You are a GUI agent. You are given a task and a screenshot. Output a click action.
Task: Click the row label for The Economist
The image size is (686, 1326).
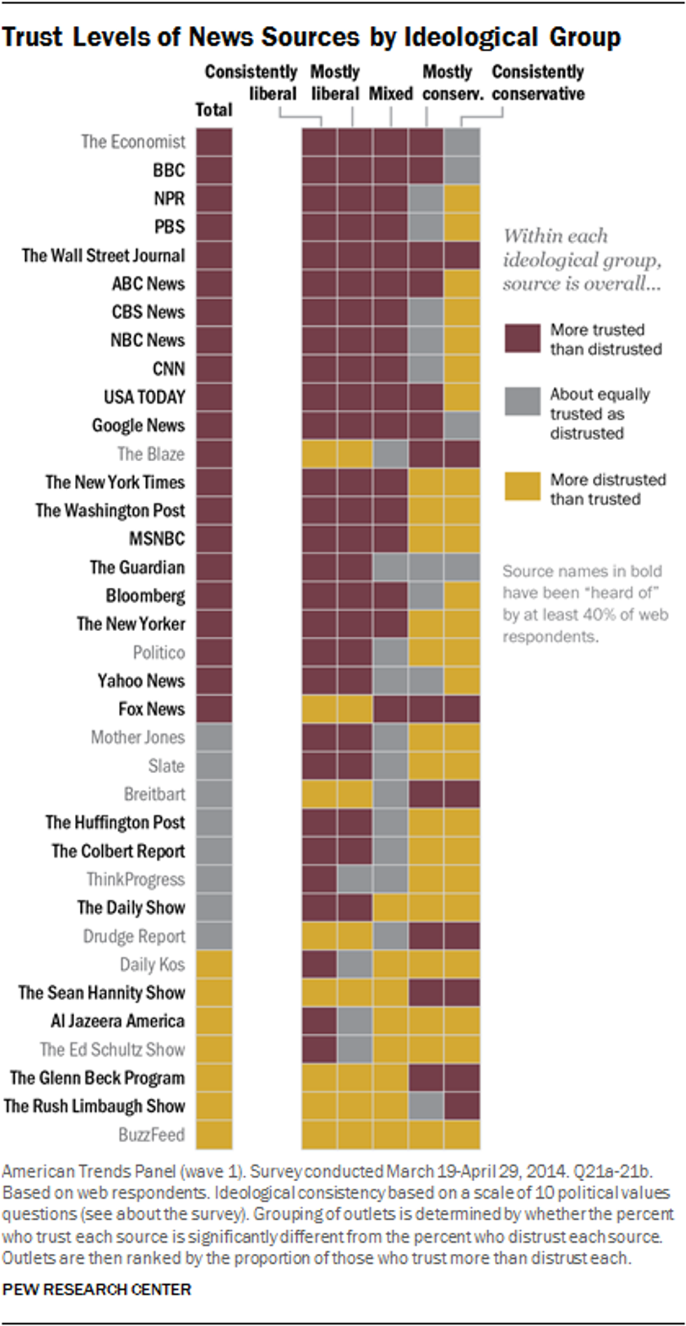pos(133,142)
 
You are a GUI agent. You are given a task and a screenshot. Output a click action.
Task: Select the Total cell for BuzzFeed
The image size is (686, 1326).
pos(213,1134)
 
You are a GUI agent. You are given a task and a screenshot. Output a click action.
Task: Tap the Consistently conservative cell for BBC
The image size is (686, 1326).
pos(462,170)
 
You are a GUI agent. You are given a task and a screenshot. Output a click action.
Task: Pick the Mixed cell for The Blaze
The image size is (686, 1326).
pos(391,454)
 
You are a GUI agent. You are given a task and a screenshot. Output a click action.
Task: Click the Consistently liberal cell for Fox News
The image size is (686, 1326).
pos(320,709)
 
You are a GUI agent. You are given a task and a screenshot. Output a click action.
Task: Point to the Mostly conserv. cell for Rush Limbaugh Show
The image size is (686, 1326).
pos(426,1106)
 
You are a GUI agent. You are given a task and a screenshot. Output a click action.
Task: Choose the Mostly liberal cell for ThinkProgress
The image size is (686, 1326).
pos(355,880)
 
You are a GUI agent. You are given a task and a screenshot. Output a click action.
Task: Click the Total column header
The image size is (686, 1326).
pos(213,110)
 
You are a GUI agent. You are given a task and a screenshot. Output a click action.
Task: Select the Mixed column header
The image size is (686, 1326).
pos(391,94)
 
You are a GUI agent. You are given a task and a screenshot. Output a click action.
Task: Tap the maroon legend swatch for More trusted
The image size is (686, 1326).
pos(522,339)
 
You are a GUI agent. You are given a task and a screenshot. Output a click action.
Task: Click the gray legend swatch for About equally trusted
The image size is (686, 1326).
pos(522,402)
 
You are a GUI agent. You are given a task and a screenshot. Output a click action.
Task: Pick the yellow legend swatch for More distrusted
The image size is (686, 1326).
pos(522,488)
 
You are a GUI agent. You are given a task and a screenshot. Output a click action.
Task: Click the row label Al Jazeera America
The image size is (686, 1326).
pos(118,1021)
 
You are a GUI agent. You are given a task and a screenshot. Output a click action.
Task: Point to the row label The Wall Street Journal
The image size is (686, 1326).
pos(104,255)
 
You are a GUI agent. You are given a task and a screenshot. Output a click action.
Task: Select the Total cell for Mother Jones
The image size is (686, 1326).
pos(213,738)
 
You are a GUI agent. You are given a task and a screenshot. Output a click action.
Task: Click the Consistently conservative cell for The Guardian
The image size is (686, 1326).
pos(462,567)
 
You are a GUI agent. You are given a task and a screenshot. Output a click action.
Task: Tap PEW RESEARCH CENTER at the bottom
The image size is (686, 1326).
pos(97,1290)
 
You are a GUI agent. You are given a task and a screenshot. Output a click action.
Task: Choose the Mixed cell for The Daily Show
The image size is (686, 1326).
pos(391,908)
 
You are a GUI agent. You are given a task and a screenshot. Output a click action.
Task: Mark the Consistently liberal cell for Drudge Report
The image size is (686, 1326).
pos(320,936)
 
